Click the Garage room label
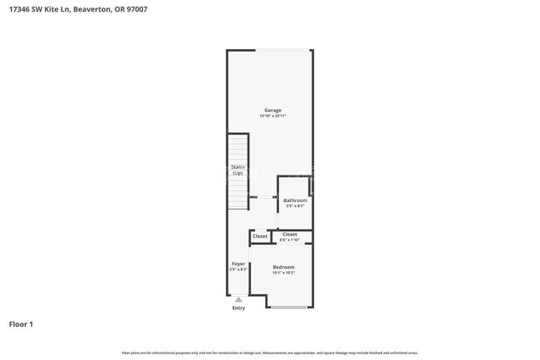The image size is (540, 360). point(272,110)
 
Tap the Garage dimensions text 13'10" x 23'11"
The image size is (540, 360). point(272,116)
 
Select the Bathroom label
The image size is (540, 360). point(295,200)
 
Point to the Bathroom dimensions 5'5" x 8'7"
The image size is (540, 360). point(295,206)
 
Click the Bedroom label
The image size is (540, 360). point(283,267)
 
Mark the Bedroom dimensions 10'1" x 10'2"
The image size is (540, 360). point(283,273)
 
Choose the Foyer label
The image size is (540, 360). point(238,264)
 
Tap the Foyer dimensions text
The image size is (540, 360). point(238,270)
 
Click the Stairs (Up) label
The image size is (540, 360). point(237,170)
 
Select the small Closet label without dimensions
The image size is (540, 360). point(260,236)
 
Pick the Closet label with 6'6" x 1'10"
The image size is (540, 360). point(290,234)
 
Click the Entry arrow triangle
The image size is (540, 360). point(238,300)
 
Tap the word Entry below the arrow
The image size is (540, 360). point(238,308)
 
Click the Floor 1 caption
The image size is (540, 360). point(21,323)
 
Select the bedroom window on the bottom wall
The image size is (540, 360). point(289,308)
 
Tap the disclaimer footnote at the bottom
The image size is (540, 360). point(270,353)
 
